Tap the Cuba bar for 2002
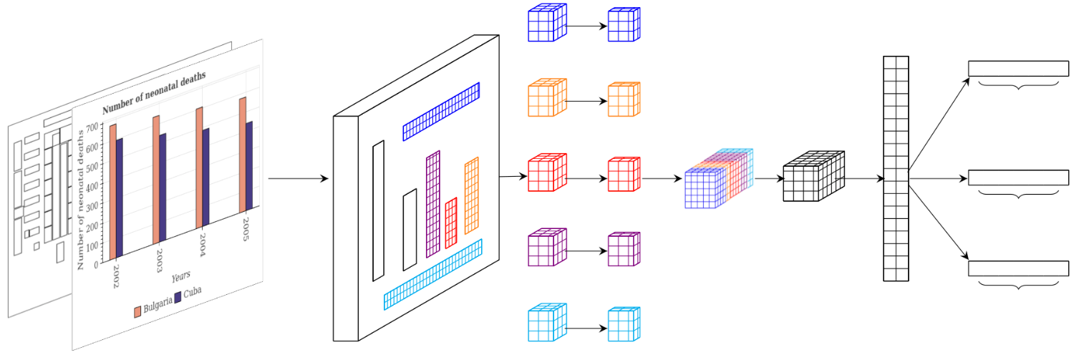coord(120,197)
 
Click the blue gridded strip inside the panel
coord(440,111)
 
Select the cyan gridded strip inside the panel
coord(433,273)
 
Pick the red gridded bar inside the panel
coord(451,223)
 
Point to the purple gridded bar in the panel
coord(433,203)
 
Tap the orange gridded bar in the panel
coord(471,195)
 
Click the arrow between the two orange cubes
coord(587,101)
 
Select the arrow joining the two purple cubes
coord(587,250)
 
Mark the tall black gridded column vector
coord(896,169)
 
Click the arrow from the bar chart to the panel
coord(298,178)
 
